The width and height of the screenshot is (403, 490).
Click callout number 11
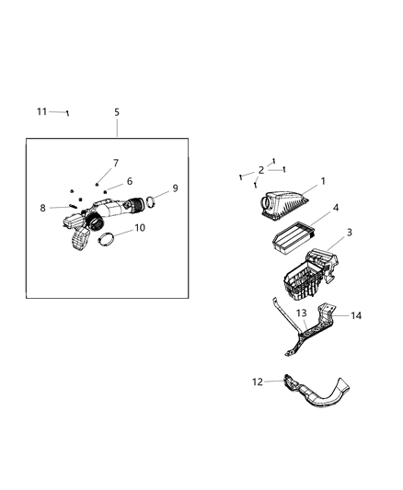(x=41, y=111)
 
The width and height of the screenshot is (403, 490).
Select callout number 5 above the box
(x=117, y=112)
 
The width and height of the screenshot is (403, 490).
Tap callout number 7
(x=116, y=163)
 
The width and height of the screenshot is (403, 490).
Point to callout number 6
(x=130, y=181)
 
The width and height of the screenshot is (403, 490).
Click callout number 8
(x=42, y=208)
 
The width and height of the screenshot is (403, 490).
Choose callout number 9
(x=175, y=188)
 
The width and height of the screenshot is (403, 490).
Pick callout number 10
(x=139, y=228)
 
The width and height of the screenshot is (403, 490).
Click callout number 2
(x=261, y=170)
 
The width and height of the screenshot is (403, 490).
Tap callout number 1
(x=323, y=182)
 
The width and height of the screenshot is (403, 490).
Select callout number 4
(x=336, y=208)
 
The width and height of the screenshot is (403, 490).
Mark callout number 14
(x=356, y=315)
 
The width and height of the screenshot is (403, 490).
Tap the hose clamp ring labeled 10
(x=109, y=241)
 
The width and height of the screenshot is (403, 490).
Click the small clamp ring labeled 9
(x=154, y=196)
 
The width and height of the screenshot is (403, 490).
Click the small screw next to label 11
(x=66, y=113)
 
